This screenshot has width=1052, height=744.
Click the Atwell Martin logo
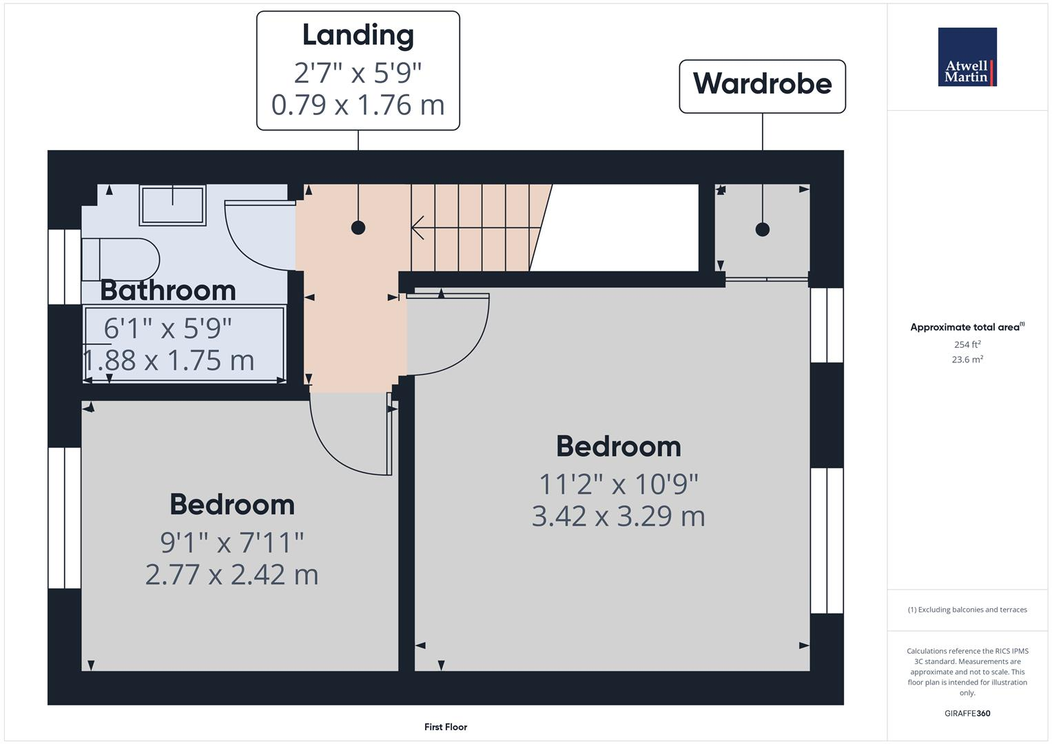tap(967, 57)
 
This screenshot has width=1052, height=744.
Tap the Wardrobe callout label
tap(762, 84)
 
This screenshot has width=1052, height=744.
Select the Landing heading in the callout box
tap(358, 35)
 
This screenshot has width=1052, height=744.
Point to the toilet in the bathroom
tap(120, 259)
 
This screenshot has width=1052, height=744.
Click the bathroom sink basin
tap(172, 204)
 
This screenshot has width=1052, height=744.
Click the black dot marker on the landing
tap(358, 227)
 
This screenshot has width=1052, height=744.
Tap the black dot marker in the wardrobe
tap(762, 229)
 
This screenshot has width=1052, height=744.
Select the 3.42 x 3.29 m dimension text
tap(618, 516)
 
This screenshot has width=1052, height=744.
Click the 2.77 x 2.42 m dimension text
tap(231, 575)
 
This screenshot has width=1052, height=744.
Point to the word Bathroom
tap(168, 290)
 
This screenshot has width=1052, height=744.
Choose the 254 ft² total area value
tap(967, 344)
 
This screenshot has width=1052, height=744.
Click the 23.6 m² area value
tap(967, 359)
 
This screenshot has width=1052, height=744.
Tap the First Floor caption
tap(446, 727)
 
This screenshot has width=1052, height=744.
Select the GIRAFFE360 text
tap(967, 713)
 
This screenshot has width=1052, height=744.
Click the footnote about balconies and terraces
tap(967, 610)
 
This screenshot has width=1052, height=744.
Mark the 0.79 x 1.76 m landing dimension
tap(358, 105)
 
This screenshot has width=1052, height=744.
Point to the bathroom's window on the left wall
tap(65, 266)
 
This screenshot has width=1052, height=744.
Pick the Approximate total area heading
tap(966, 327)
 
